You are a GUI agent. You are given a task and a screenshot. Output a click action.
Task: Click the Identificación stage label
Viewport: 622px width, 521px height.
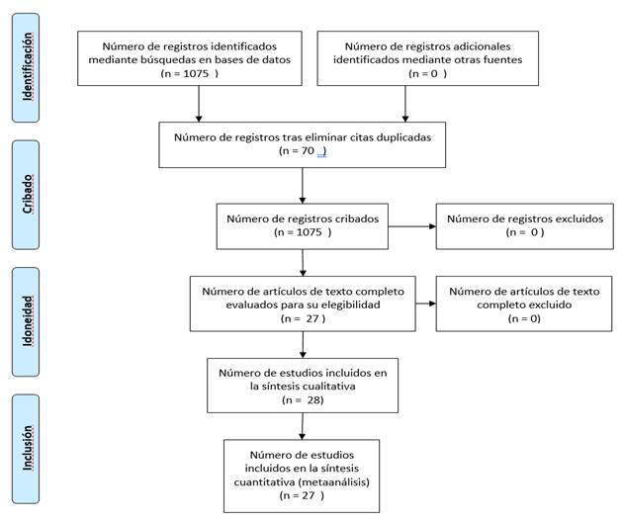tap(26, 67)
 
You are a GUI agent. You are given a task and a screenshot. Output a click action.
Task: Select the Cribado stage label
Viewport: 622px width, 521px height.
tap(26, 195)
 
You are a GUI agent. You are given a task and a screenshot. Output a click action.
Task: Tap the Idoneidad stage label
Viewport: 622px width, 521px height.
tap(26, 321)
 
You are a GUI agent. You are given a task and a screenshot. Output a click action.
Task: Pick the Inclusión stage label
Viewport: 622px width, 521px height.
tap(26, 449)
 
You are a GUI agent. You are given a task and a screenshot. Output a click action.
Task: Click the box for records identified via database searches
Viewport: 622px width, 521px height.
tap(190, 58)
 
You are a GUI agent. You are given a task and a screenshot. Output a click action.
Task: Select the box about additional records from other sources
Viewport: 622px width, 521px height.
tap(427, 58)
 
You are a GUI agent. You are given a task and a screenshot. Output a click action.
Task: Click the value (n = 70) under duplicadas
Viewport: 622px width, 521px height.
tap(303, 151)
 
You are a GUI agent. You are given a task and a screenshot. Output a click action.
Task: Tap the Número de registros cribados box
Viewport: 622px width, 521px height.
tap(303, 226)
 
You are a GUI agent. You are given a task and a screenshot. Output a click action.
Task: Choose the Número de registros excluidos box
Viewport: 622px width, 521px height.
tap(524, 226)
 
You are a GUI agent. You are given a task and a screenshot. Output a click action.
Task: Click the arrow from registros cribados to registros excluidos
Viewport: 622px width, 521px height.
tap(412, 226)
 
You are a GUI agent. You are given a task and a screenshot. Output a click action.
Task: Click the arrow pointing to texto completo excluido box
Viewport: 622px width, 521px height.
tap(425, 304)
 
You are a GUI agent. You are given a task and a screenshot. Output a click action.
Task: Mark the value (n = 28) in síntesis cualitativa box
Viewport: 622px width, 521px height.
tap(303, 400)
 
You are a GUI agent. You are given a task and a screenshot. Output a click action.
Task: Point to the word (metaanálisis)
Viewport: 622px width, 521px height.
tap(334, 482)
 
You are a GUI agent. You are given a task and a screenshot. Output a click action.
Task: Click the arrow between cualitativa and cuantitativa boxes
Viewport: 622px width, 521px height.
tap(303, 426)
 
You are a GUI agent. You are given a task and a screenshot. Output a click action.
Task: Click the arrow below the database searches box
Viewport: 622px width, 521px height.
tap(199, 104)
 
